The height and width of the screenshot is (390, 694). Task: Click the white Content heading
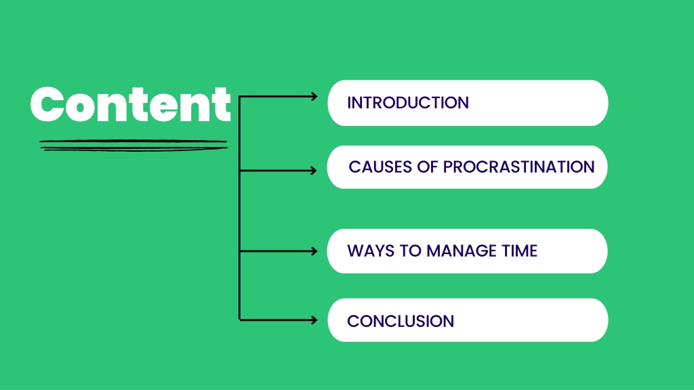click(131, 104)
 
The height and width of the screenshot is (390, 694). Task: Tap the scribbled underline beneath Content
click(134, 146)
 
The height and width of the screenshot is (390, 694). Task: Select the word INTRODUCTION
click(407, 103)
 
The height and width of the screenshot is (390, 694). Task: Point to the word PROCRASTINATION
click(518, 167)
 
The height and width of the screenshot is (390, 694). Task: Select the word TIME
click(520, 251)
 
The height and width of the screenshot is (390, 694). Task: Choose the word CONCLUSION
click(401, 322)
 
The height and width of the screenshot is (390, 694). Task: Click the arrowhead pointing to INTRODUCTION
click(314, 96)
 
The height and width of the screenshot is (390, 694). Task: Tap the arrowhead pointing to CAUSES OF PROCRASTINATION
click(313, 171)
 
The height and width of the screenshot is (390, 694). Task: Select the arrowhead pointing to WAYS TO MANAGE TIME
click(314, 251)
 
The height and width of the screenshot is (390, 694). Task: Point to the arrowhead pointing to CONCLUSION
click(314, 320)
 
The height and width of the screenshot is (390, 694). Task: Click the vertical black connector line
click(239, 209)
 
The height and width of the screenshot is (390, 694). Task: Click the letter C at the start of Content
click(45, 104)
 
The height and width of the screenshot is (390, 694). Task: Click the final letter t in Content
click(222, 104)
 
